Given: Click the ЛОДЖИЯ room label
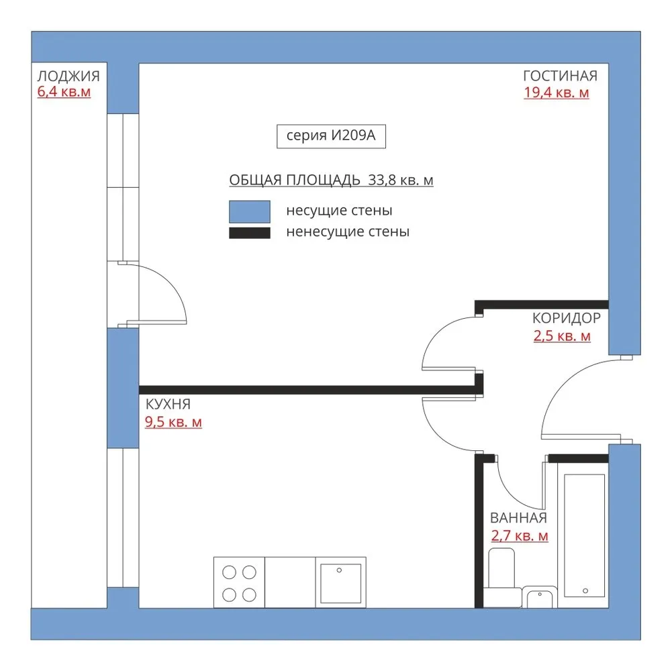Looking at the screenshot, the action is pyautogui.click(x=68, y=76).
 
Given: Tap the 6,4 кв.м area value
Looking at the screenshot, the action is pyautogui.click(x=64, y=92).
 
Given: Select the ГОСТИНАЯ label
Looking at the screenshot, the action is pyautogui.click(x=560, y=76).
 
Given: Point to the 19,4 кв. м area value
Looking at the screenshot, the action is pyautogui.click(x=557, y=93).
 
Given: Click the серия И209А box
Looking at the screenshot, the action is pyautogui.click(x=331, y=136).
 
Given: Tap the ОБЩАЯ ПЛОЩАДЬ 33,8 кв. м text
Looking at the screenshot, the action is pyautogui.click(x=331, y=180).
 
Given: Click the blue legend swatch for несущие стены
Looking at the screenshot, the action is pyautogui.click(x=250, y=211).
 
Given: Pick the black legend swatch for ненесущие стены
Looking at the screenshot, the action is pyautogui.click(x=250, y=233).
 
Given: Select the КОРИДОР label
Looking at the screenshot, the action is pyautogui.click(x=566, y=318).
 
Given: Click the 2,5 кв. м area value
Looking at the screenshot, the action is pyautogui.click(x=562, y=336).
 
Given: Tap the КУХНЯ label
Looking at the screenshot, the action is pyautogui.click(x=168, y=404).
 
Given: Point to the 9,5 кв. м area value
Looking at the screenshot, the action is pyautogui.click(x=173, y=422).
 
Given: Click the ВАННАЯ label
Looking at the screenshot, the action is pyautogui.click(x=518, y=518).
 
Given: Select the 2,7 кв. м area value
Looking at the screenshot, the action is pyautogui.click(x=520, y=536).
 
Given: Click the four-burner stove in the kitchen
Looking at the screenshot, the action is pyautogui.click(x=239, y=582).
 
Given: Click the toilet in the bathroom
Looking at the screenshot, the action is pyautogui.click(x=502, y=577).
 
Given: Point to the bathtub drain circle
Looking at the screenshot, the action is pyautogui.click(x=585, y=591).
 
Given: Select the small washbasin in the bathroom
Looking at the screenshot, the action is pyautogui.click(x=540, y=597).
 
